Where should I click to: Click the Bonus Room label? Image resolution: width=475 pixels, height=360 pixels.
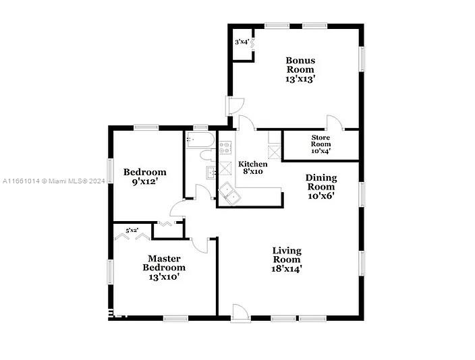pos(300,65)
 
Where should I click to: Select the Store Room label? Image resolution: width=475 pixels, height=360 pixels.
pos(320,141)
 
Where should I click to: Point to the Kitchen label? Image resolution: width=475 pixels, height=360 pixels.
pos(252,164)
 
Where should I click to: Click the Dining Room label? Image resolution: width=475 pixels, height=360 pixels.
pos(321,182)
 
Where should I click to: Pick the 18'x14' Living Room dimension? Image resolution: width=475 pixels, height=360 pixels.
pos(287,268)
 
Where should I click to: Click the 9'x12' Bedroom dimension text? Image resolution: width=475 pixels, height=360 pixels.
pos(145,181)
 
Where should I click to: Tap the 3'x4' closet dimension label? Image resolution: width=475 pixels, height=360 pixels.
pos(242,42)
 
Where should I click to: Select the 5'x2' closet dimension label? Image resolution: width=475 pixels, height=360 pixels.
pos(132,231)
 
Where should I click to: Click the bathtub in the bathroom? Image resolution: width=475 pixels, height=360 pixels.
pos(200,140)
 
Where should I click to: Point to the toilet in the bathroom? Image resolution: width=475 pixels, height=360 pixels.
pos(207,155)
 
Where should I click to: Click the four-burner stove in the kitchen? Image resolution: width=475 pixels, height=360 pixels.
pos(225,148)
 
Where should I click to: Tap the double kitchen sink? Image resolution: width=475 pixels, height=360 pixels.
pos(229,193)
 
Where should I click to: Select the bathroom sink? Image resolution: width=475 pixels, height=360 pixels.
pos(211,173)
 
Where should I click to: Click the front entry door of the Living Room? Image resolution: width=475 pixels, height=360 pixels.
pos(241,313)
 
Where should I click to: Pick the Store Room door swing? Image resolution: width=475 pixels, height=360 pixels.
pos(335,123)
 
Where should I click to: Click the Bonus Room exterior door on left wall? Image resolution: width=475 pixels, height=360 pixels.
pos(235,106)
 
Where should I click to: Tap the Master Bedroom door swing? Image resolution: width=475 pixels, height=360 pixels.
pos(200,245)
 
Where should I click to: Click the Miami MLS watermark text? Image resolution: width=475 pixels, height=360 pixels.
pos(53,181)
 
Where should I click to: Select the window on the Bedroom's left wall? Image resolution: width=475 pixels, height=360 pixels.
pos(111,171)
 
